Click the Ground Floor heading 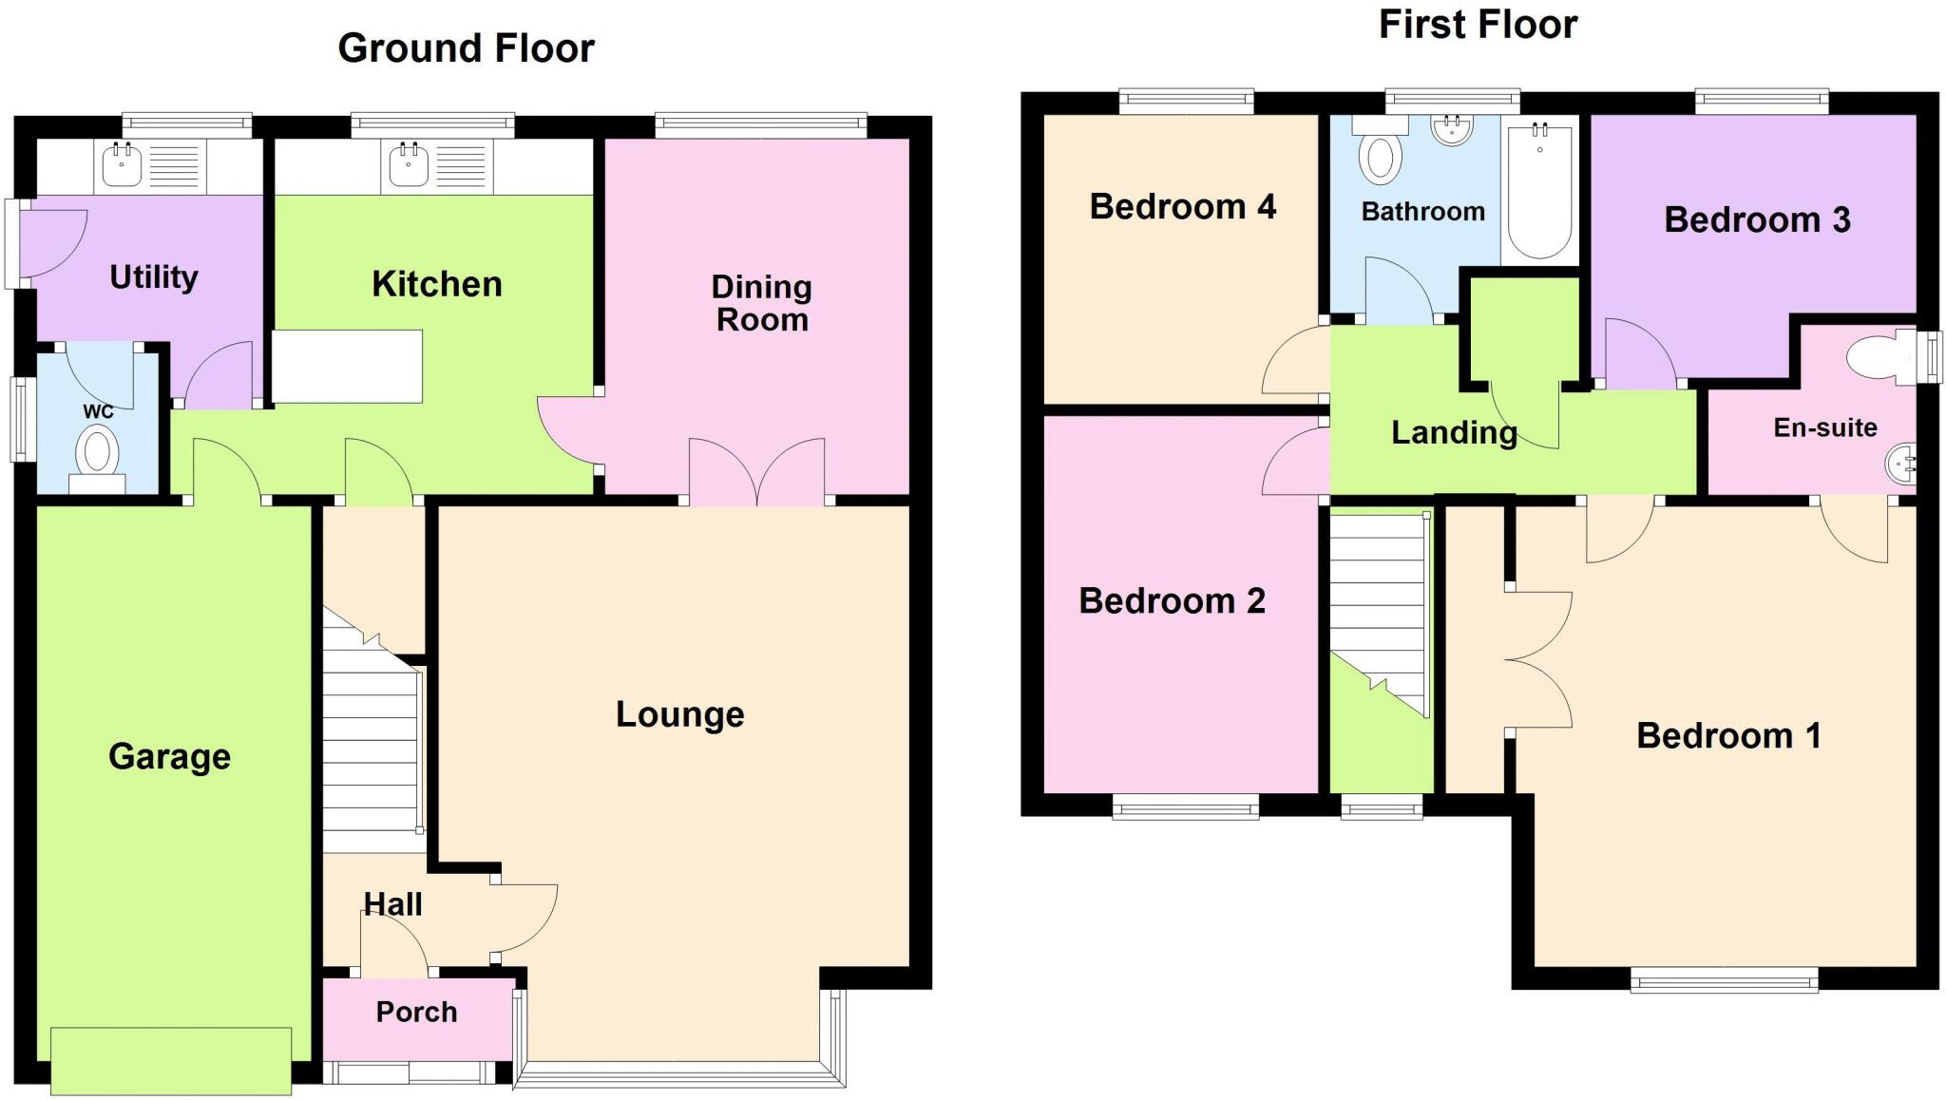466,48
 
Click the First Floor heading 1478,25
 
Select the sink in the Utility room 122,166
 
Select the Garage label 169,757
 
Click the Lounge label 679,714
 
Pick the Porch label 416,1013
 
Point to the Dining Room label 762,303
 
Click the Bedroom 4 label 1182,206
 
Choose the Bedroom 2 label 1172,600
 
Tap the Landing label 1454,433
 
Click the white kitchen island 347,366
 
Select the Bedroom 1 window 1724,979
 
